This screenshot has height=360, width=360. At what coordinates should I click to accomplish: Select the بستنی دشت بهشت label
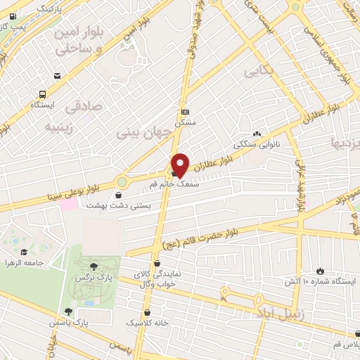point(109,205)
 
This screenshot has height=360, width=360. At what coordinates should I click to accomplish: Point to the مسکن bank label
point(185,121)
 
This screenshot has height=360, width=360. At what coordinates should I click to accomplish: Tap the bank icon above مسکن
point(185,112)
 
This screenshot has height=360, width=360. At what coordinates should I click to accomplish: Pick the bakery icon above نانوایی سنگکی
point(257,134)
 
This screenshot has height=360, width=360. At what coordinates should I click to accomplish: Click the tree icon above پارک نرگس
point(94,265)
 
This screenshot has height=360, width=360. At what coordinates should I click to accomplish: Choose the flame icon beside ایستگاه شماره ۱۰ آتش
point(321,271)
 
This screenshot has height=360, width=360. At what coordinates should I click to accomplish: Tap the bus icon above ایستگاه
point(44,94)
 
